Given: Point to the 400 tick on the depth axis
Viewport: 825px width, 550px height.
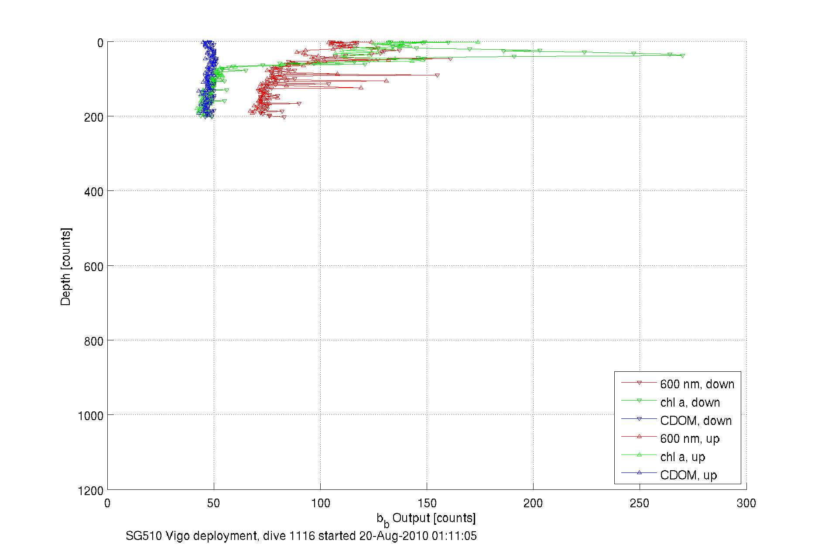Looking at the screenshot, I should click(93, 192).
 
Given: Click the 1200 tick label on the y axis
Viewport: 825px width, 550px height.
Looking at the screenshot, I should click(91, 491).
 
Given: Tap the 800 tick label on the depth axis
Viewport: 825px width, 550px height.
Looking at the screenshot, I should click(93, 341).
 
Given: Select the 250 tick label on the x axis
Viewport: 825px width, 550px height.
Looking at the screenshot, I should click(640, 503).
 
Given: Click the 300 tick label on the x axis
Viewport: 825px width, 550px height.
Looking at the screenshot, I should click(746, 503).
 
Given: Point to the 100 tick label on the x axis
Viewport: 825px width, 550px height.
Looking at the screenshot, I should click(320, 503).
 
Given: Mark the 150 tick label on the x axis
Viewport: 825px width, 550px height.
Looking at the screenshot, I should click(427, 503).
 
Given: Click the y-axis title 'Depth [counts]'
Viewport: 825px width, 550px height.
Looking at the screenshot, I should click(65, 266).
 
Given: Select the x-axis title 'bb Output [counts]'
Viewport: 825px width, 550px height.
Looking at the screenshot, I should click(426, 519).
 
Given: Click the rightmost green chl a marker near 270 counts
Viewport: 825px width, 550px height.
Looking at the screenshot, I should click(682, 56).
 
